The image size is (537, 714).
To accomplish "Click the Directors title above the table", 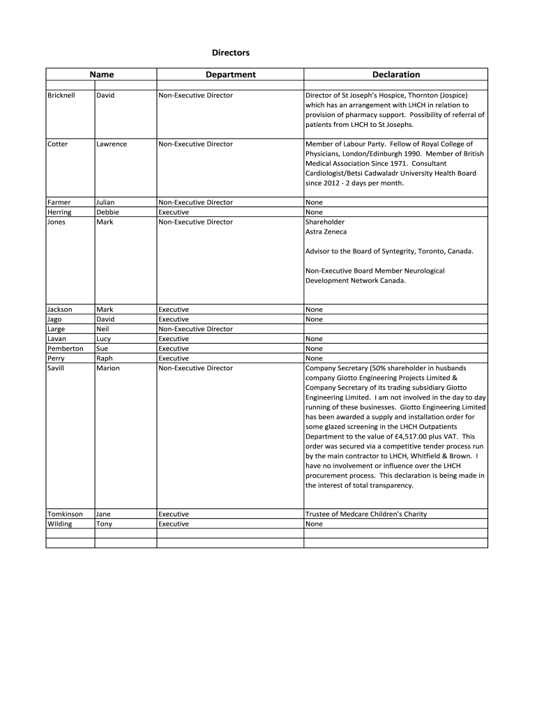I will click(x=230, y=52).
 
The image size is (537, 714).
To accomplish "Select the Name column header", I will click(x=101, y=75).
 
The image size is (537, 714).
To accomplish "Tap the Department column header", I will click(x=230, y=75).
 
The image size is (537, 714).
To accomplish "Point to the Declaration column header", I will click(x=395, y=75).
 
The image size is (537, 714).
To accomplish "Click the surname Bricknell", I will click(x=61, y=95).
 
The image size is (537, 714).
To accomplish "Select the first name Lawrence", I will click(x=112, y=144).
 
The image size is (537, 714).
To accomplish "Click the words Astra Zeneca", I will click(x=326, y=231).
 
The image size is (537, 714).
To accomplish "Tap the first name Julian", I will click(x=105, y=202).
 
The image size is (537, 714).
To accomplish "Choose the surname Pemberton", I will click(x=65, y=348).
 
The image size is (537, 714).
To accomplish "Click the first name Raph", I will click(x=104, y=358).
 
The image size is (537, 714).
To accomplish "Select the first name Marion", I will click(x=107, y=367).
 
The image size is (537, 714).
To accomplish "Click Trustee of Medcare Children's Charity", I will click(x=366, y=514).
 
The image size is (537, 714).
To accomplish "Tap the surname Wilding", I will click(x=59, y=524).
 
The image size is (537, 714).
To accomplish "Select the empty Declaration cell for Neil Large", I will click(x=395, y=328).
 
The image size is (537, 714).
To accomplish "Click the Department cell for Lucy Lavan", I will click(x=174, y=338).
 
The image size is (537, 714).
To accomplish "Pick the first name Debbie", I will click(x=107, y=212).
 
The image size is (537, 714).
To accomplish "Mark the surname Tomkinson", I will click(x=65, y=514).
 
